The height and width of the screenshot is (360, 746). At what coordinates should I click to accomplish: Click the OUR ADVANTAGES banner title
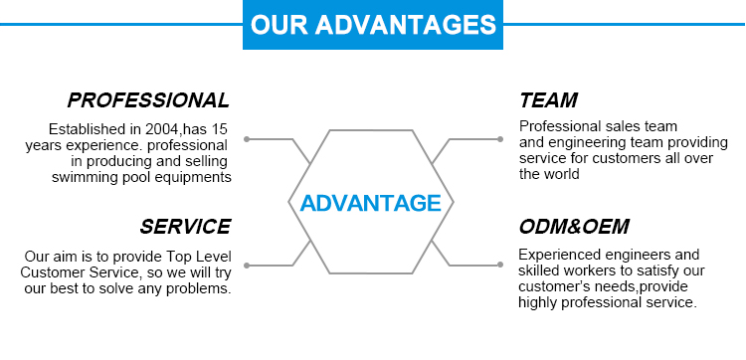(x=373, y=24)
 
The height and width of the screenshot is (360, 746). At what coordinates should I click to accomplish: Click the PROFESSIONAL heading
(x=148, y=100)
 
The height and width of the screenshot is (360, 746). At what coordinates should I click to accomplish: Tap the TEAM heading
(x=548, y=100)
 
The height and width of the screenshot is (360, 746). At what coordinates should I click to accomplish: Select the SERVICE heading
(x=185, y=227)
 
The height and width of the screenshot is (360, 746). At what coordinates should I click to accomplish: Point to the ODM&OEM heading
(x=574, y=227)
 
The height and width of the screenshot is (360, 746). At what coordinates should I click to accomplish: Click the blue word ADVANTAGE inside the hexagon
(x=371, y=203)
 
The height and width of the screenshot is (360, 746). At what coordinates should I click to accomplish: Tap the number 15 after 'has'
(x=219, y=129)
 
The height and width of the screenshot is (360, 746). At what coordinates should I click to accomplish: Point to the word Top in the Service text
(x=178, y=257)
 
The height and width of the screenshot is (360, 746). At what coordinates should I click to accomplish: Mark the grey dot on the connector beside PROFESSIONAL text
(x=247, y=139)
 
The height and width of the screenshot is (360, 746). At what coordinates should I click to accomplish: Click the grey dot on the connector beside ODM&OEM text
(x=500, y=265)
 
